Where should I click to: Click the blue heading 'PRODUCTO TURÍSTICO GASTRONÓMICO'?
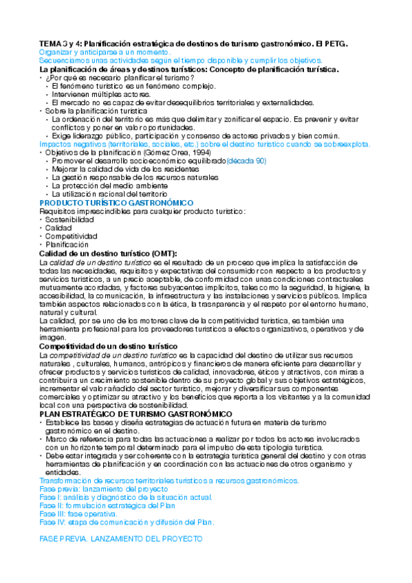[116, 203]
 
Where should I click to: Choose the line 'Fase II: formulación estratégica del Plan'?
[108, 505]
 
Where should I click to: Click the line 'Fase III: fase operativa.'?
[78, 514]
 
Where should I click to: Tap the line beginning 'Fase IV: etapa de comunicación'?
[127, 522]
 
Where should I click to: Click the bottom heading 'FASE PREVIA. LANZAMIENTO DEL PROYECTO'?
[121, 539]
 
